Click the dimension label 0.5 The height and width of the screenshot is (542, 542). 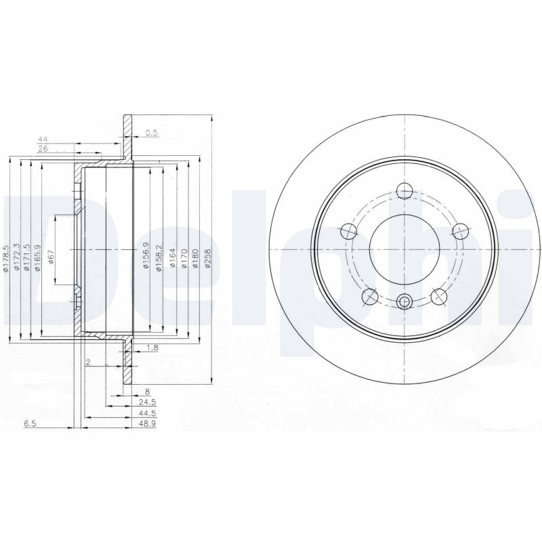coord(151,133)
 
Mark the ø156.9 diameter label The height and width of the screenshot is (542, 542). coord(145,257)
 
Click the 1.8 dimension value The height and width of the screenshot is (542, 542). coord(152,348)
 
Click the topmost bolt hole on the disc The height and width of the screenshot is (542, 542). coord(404,190)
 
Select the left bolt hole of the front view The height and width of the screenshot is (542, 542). coord(350,231)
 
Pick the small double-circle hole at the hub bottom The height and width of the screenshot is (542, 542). coord(404,302)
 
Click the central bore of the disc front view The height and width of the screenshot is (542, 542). coord(404,249)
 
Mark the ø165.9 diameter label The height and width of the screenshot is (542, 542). coord(39,257)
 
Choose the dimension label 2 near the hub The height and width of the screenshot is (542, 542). coord(89,362)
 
